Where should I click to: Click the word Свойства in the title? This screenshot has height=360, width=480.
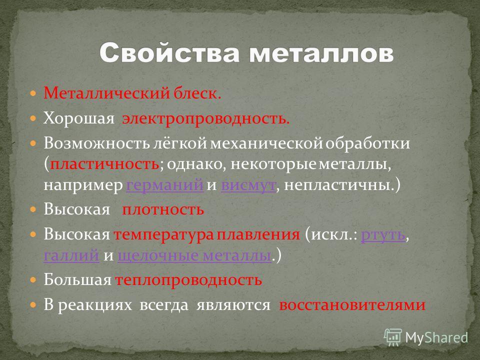169,52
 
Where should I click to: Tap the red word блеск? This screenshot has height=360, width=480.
197,93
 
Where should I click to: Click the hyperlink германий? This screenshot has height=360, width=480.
164,184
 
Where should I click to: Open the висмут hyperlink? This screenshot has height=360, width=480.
248,185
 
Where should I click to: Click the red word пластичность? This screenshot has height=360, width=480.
104,164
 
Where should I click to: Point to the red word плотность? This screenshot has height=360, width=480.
163,209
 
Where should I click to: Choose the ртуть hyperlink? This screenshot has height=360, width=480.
383,235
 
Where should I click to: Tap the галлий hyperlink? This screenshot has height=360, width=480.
71,255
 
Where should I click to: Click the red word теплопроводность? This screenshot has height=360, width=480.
188,280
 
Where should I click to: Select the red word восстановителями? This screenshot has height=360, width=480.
352,305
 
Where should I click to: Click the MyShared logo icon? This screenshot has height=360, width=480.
393,337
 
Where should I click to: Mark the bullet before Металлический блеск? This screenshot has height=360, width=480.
33,93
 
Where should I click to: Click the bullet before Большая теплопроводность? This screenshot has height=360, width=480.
33,279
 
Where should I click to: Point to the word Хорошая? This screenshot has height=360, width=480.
78,118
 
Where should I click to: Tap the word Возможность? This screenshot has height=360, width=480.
96,143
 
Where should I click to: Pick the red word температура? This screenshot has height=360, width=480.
164,235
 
